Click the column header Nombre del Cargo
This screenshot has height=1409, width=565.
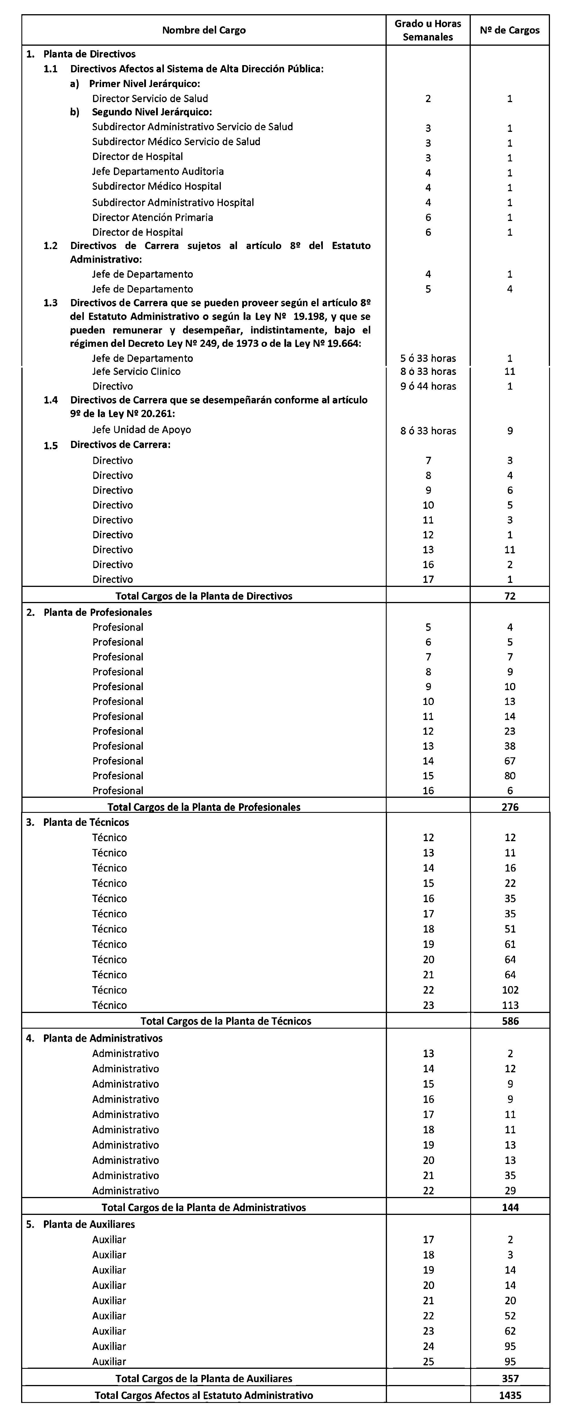click(204, 30)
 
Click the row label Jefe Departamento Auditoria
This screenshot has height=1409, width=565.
click(158, 172)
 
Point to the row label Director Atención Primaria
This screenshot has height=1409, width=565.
click(153, 217)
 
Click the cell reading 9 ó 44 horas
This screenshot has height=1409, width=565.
click(428, 386)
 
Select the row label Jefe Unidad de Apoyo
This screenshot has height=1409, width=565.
click(142, 430)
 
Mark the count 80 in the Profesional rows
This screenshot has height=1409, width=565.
click(510, 776)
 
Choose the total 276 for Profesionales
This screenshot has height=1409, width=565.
click(510, 807)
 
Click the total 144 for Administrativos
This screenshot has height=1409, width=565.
click(510, 1207)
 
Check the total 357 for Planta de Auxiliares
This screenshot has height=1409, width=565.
click(510, 1378)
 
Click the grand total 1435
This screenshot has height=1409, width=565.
click(510, 1395)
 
